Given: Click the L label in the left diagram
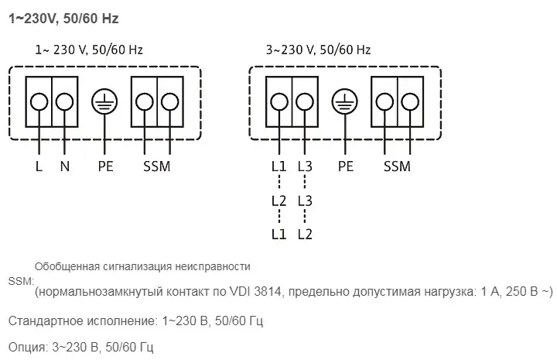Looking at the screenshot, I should click(x=39, y=166).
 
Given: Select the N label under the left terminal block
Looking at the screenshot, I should click(x=65, y=166).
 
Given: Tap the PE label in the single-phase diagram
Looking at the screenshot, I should click(x=106, y=166).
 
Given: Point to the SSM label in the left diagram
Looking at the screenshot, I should click(x=156, y=166).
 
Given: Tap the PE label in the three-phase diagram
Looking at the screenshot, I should click(x=346, y=166).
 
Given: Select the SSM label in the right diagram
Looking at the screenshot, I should click(x=397, y=166).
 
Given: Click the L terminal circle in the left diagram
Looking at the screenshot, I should click(x=39, y=102).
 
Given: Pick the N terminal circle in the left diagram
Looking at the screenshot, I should click(x=65, y=102).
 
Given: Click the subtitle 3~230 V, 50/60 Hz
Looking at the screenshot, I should click(x=318, y=50).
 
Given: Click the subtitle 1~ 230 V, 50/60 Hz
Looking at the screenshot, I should click(x=89, y=50).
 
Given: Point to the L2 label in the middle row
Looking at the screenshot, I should click(x=278, y=200).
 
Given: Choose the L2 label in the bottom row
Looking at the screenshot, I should click(x=305, y=233).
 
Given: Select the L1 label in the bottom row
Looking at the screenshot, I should click(x=278, y=233).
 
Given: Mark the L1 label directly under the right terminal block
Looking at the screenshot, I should click(x=278, y=166).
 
